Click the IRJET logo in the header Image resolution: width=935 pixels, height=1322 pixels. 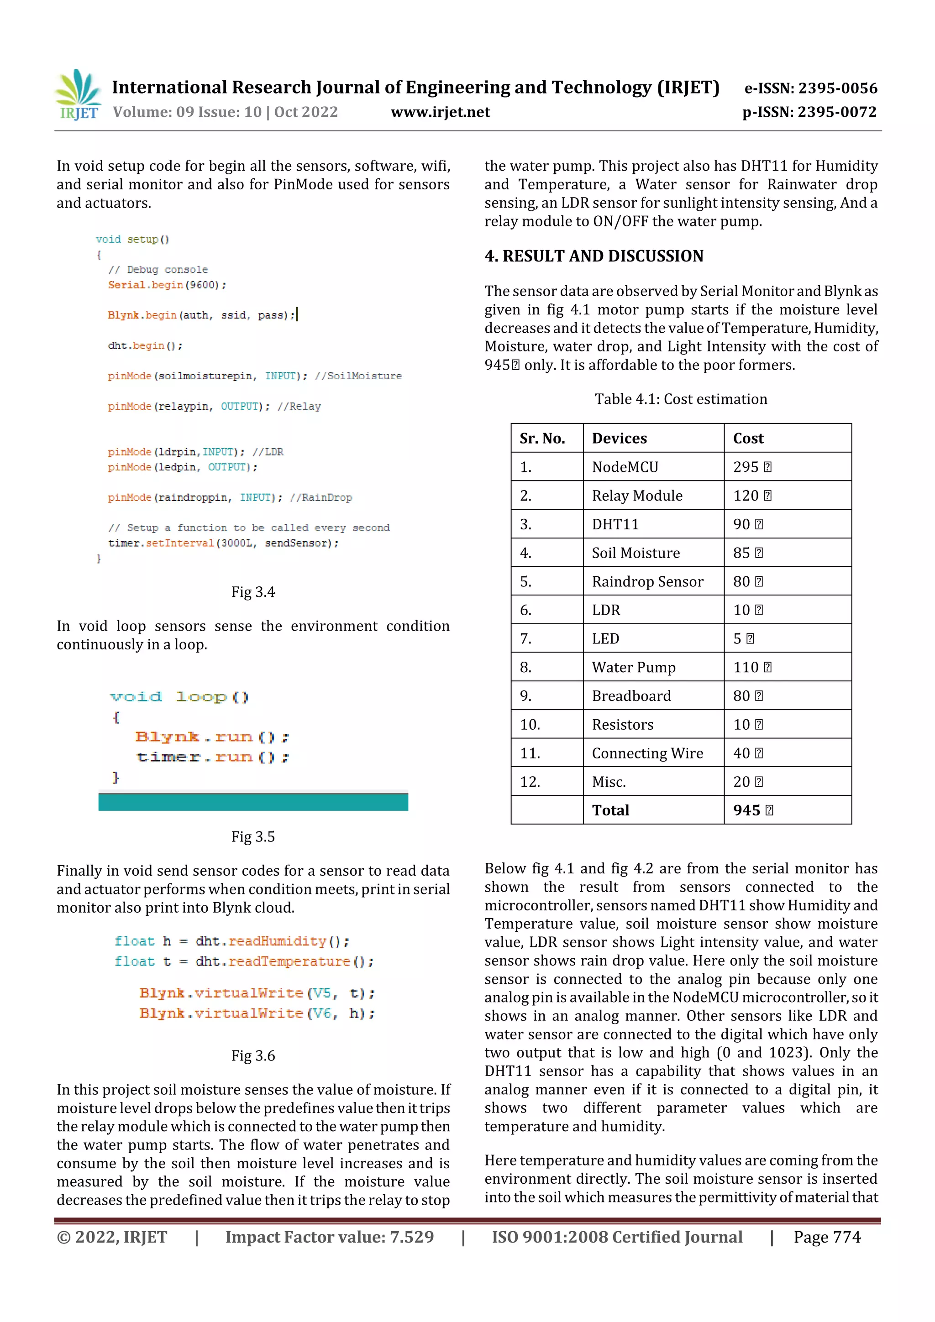[79, 95]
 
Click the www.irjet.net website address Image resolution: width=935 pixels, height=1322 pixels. [440, 112]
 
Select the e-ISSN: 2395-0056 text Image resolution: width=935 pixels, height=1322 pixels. [810, 88]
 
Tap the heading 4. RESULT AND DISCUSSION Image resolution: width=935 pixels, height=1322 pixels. [594, 256]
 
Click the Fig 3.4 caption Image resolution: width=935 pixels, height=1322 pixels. [253, 592]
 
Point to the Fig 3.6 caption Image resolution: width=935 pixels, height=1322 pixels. [253, 1056]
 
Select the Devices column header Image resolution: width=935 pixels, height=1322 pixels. [620, 438]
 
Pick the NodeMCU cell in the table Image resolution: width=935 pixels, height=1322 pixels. [625, 467]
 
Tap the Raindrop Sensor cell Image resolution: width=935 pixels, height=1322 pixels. [647, 581]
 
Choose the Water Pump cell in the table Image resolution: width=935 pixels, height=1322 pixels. [634, 667]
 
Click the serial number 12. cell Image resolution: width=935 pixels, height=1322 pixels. [530, 782]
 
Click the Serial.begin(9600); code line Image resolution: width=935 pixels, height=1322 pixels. [167, 285]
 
